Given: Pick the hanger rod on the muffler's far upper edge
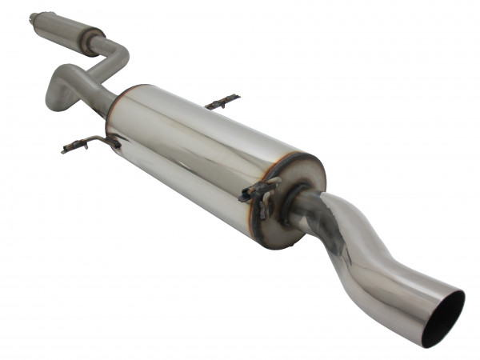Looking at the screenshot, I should (222, 102).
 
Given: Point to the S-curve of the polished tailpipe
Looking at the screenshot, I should (352, 232).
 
